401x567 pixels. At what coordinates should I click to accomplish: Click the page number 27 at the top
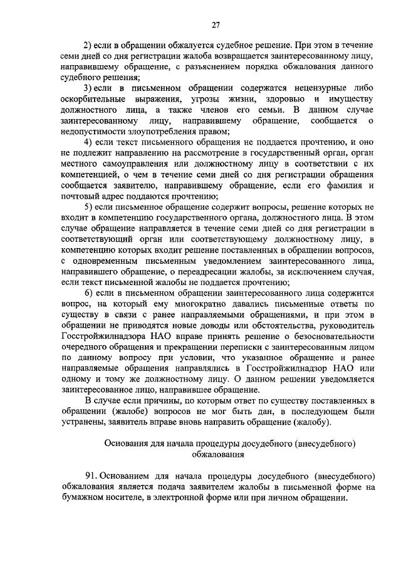[x=216, y=24]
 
